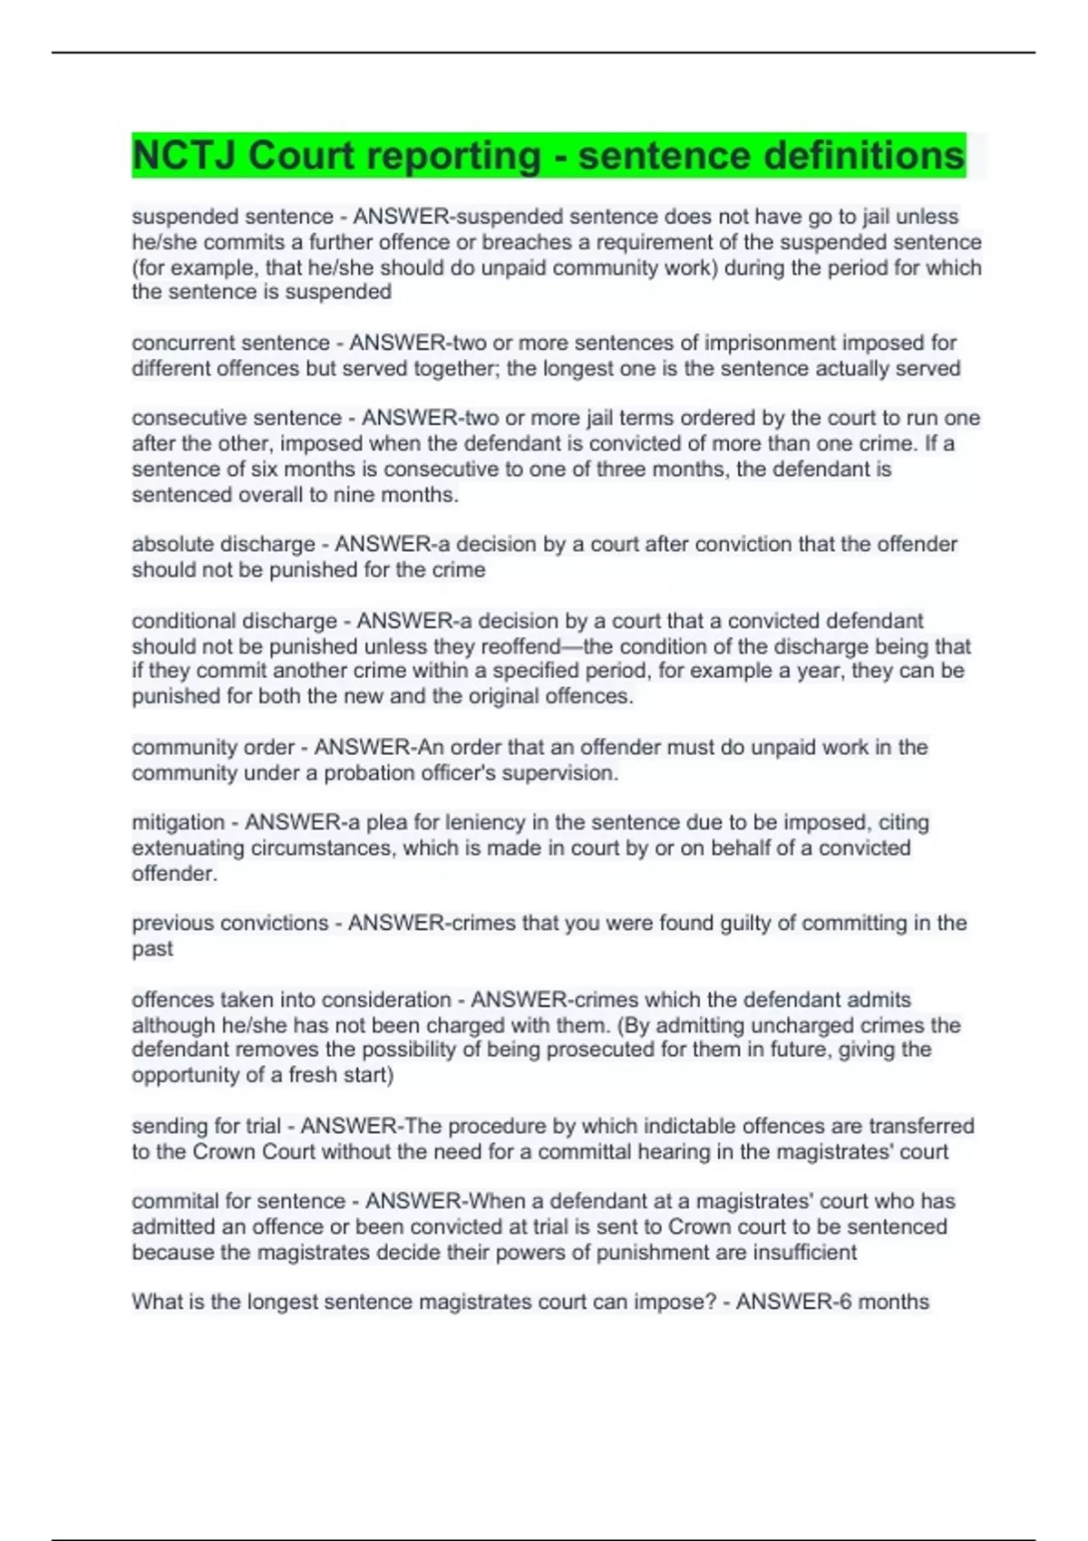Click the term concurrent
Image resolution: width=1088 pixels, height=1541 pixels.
180,344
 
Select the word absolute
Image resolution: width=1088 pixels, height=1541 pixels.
172,545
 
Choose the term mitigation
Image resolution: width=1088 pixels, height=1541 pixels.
178,823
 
